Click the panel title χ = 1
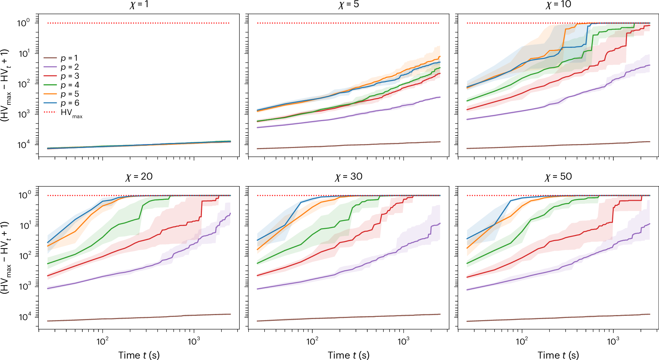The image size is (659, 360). pyautogui.click(x=139, y=5)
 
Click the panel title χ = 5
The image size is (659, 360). pyautogui.click(x=349, y=5)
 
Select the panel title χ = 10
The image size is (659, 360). pyautogui.click(x=558, y=5)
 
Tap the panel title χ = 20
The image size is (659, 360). pyautogui.click(x=139, y=177)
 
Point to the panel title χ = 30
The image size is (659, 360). pyautogui.click(x=349, y=177)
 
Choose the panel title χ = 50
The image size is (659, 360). pyautogui.click(x=558, y=177)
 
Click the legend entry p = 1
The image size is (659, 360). pyautogui.click(x=69, y=58)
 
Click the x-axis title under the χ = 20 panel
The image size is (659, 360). pyautogui.click(x=139, y=355)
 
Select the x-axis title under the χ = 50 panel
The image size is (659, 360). pyautogui.click(x=558, y=355)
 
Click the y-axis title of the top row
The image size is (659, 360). pyautogui.click(x=5, y=86)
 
